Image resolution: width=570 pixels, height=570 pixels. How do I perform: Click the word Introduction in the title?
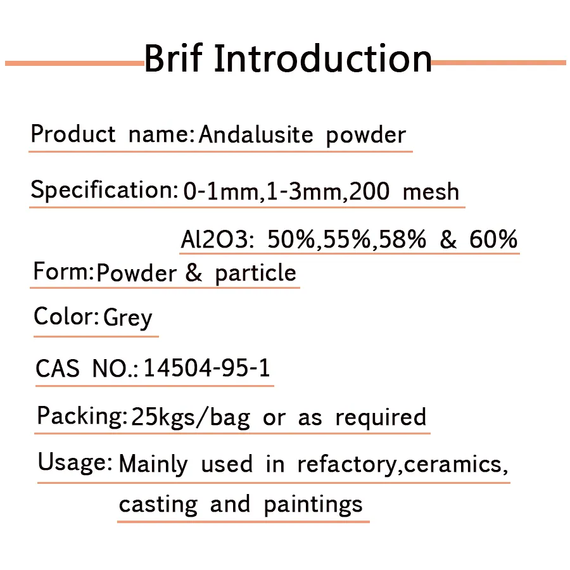322,58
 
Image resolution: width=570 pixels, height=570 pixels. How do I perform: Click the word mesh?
431,191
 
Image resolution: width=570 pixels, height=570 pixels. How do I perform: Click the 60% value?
493,240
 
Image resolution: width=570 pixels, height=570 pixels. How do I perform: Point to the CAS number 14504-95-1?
207,368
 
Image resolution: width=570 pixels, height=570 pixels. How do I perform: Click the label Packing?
82,416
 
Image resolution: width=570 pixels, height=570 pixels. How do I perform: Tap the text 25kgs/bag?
190,417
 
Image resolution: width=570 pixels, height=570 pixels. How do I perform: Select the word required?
381,417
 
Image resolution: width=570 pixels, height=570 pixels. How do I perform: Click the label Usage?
75,462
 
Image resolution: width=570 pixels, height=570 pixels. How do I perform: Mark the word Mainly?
153,464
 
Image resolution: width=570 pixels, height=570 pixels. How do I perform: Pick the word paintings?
313,505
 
